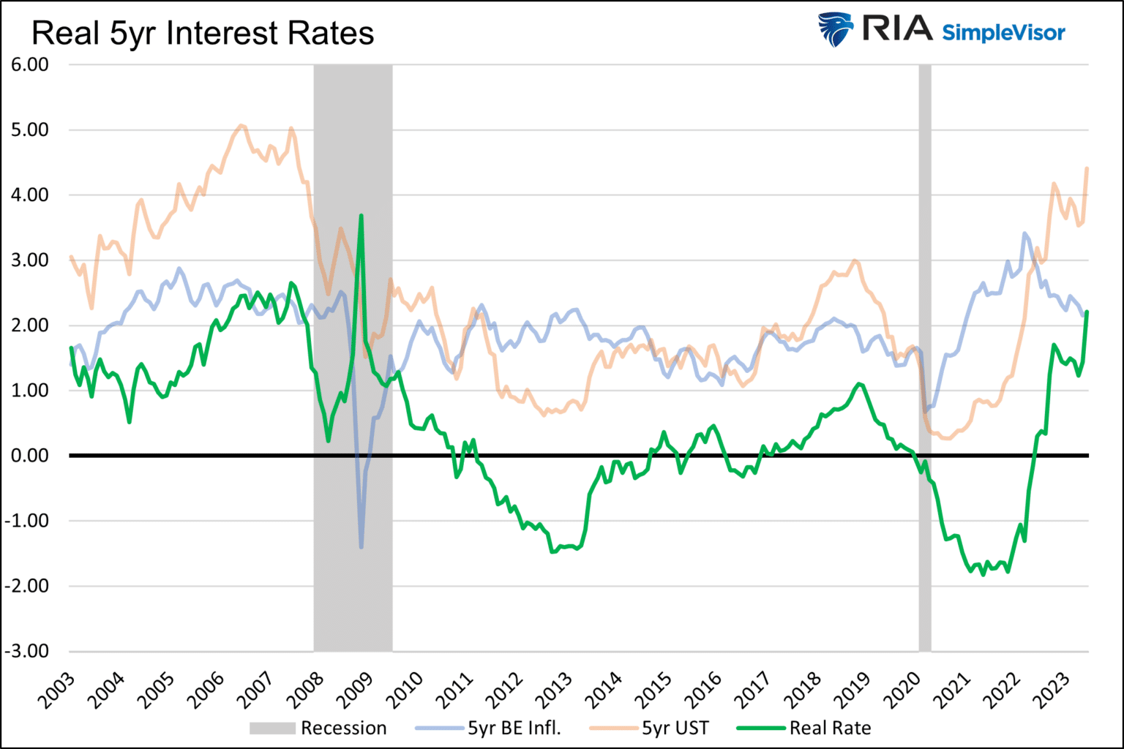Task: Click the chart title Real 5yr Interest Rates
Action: coord(203,34)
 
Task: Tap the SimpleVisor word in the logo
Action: coord(1003,33)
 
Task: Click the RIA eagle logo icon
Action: coord(836,29)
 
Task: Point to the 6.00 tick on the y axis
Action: coord(30,64)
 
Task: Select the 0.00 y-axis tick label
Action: coord(30,456)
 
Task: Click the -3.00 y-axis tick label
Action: coord(27,651)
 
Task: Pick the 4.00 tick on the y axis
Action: coord(30,195)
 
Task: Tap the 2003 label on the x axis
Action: coord(57,690)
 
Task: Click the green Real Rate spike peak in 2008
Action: coord(361,216)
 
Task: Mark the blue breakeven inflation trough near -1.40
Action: coord(361,546)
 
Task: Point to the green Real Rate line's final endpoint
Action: coord(1087,312)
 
